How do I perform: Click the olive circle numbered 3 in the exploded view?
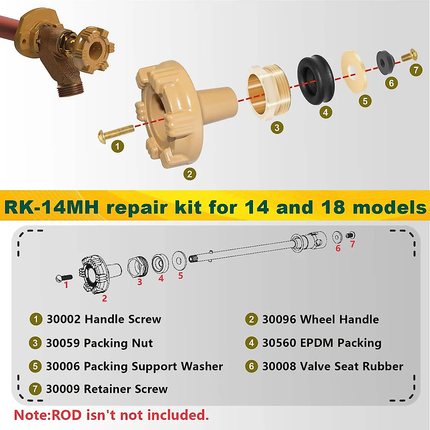click(277, 127)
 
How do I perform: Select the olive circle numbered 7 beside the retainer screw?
click(416, 70)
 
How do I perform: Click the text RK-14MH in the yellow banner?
click(51, 207)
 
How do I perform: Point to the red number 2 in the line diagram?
click(104, 298)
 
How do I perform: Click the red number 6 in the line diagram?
click(338, 248)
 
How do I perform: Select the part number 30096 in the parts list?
click(279, 319)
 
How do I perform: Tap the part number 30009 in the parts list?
click(63, 389)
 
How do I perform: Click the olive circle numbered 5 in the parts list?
click(35, 366)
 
